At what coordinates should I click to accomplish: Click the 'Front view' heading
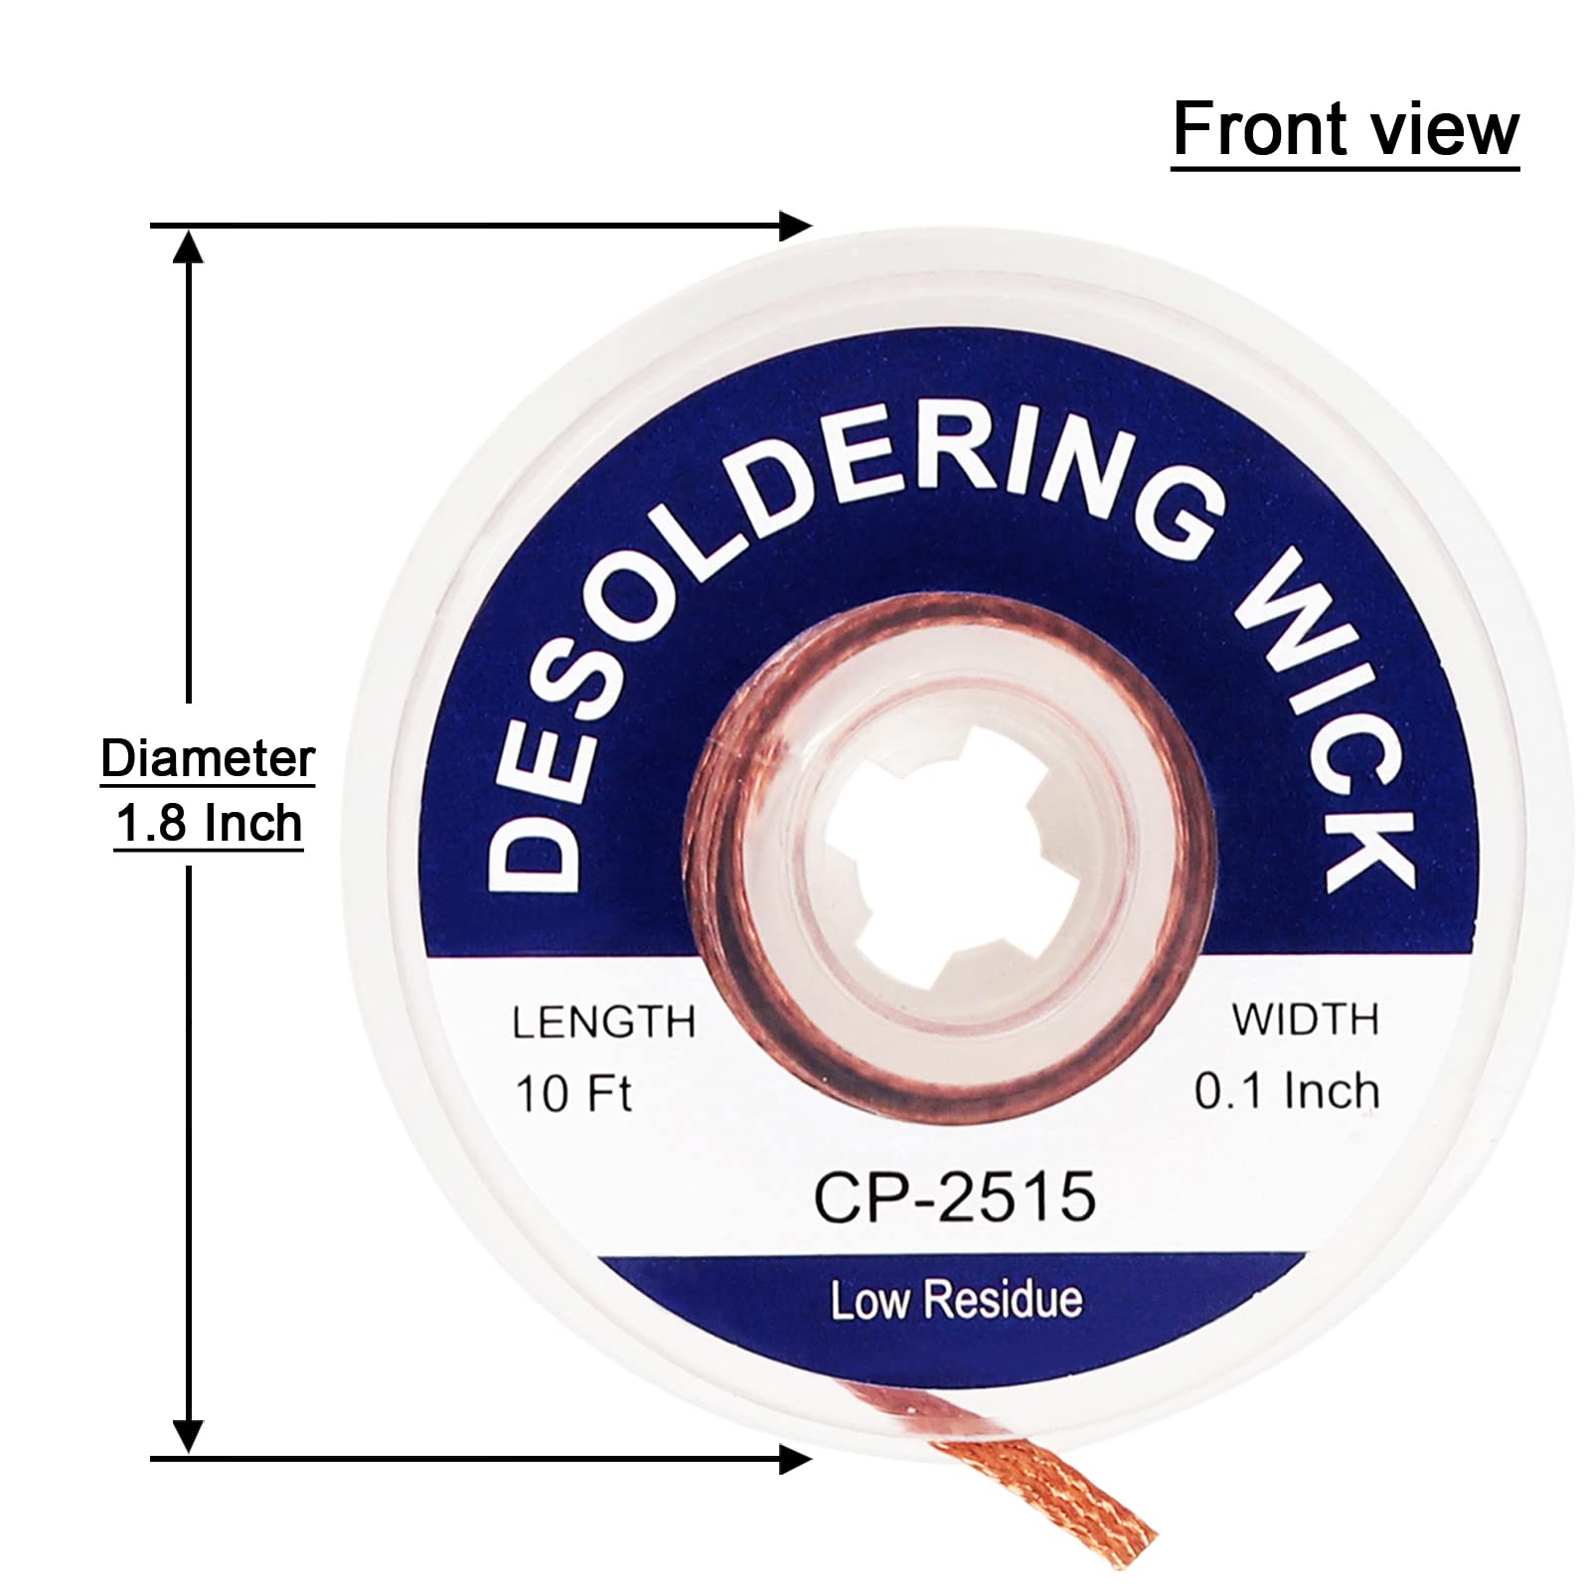tap(1345, 130)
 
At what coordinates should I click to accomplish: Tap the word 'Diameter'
tap(208, 760)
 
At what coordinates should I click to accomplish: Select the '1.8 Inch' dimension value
tap(208, 825)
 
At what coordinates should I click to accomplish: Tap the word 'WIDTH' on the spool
tap(1306, 1021)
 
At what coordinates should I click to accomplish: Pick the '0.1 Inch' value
tap(1287, 1092)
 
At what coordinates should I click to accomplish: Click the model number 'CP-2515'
tap(955, 1196)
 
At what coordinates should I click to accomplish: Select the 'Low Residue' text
tap(956, 1301)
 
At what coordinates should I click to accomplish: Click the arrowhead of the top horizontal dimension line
tap(798, 227)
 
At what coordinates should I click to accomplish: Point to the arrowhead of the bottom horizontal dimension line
tap(798, 1460)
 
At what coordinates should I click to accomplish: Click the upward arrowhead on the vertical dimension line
tap(188, 243)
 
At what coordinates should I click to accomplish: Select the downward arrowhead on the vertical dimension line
tap(188, 1438)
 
